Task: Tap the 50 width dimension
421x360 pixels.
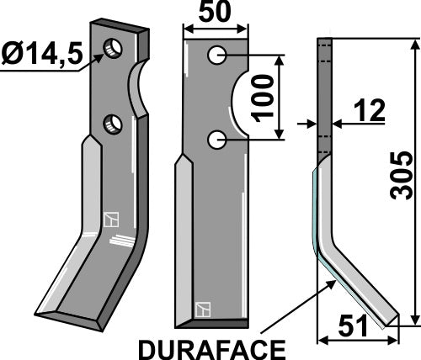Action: (x=216, y=13)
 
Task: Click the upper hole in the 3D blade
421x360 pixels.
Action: (x=110, y=46)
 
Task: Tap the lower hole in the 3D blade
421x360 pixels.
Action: (x=112, y=125)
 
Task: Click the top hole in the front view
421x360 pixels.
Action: (x=217, y=57)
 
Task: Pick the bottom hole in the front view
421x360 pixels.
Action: (x=217, y=140)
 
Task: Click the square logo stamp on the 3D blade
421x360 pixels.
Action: (x=109, y=220)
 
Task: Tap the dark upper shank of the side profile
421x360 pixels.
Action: (x=323, y=93)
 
